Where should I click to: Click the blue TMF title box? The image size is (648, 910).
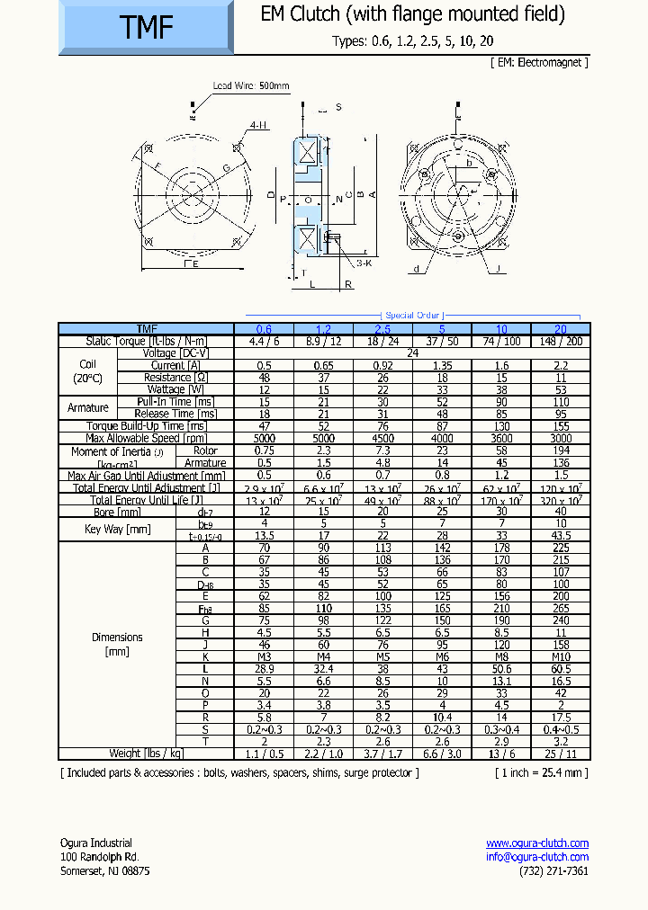point(146,28)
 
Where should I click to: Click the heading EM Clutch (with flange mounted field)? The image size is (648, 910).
point(412,14)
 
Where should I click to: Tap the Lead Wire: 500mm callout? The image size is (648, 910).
point(251,86)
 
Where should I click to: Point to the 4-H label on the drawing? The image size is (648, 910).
point(258,125)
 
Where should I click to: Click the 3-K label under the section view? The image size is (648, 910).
point(364,263)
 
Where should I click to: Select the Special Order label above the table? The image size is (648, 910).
point(412,316)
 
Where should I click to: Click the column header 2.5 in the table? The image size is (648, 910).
point(382,329)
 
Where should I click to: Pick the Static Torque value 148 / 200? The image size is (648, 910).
point(560,341)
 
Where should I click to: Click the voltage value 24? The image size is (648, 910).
point(412,353)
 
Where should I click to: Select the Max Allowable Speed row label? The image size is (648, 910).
point(146,438)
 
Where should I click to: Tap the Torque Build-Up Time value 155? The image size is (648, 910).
point(560,426)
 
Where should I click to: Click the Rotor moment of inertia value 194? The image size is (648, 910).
point(560,451)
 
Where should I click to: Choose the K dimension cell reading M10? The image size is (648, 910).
point(560,656)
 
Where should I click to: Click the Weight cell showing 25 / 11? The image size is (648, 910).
point(560,754)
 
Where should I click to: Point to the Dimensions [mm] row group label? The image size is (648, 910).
point(117,643)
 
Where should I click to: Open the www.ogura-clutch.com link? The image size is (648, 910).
point(537,843)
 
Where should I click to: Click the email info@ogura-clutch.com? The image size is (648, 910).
point(537,857)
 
